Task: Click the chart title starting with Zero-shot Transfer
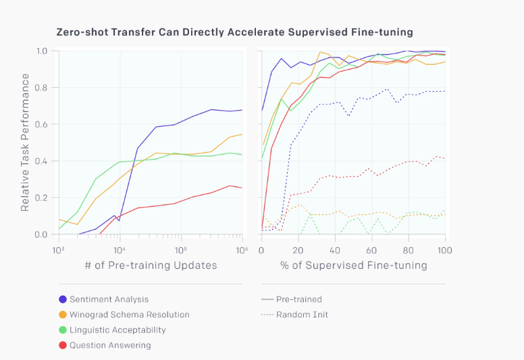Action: click(x=234, y=32)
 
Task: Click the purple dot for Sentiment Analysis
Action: click(x=63, y=299)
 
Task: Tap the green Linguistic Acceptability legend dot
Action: click(x=63, y=330)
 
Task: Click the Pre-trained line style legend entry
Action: click(x=291, y=299)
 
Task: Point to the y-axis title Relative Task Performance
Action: click(x=25, y=143)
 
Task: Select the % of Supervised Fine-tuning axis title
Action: click(x=354, y=265)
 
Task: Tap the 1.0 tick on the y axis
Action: click(x=42, y=51)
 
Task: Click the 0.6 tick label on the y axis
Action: click(x=42, y=124)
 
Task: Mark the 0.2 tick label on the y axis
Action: click(x=42, y=198)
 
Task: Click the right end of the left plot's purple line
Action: click(x=242, y=109)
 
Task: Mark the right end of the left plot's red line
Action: click(x=242, y=188)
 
